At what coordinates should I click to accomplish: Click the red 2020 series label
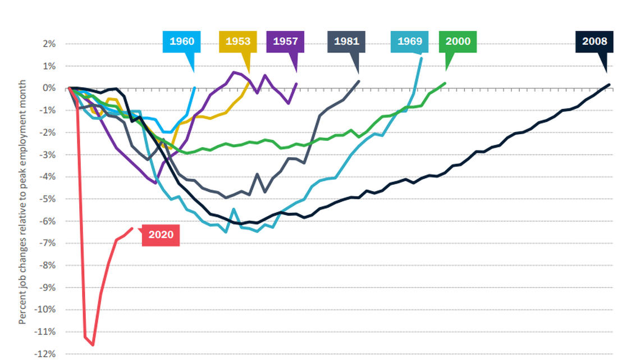(161, 235)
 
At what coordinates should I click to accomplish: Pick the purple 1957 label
(286, 42)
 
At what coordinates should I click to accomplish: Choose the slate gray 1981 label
(346, 42)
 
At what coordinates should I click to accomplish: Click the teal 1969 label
(410, 42)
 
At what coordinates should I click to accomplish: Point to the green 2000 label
(458, 42)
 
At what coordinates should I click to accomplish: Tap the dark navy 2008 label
(595, 42)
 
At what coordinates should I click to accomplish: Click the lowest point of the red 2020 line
(93, 345)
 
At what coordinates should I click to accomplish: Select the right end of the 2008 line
(610, 85)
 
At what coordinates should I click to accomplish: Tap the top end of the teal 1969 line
(422, 58)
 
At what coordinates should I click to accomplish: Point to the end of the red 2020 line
(132, 228)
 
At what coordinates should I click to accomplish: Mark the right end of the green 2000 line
(445, 84)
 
